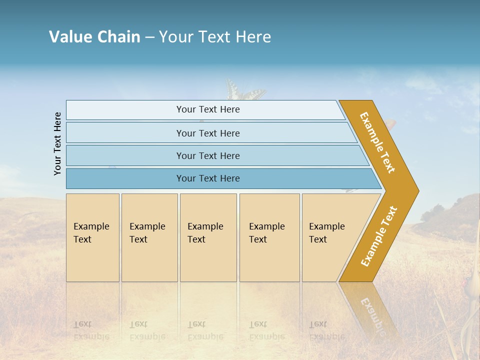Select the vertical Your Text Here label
[57, 143]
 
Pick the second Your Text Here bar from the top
[207, 133]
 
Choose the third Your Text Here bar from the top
[207, 155]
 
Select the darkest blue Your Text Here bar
[207, 178]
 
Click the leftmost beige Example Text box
[92, 237]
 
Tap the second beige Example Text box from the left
[149, 237]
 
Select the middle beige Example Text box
[208, 237]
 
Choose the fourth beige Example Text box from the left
[269, 237]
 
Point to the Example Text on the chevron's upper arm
[377, 142]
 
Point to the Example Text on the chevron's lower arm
[379, 236]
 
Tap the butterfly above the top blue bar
[244, 91]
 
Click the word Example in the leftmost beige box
[91, 226]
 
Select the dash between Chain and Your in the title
[149, 37]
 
